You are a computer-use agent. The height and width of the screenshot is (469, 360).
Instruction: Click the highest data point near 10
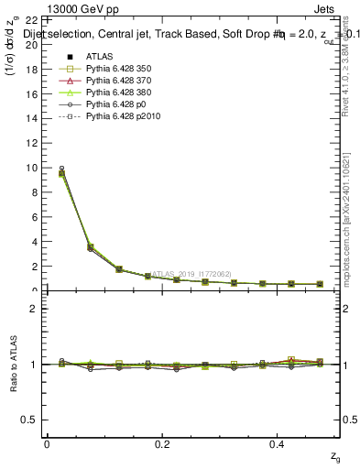(61, 169)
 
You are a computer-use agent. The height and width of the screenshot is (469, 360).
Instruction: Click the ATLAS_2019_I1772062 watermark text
(193, 273)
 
